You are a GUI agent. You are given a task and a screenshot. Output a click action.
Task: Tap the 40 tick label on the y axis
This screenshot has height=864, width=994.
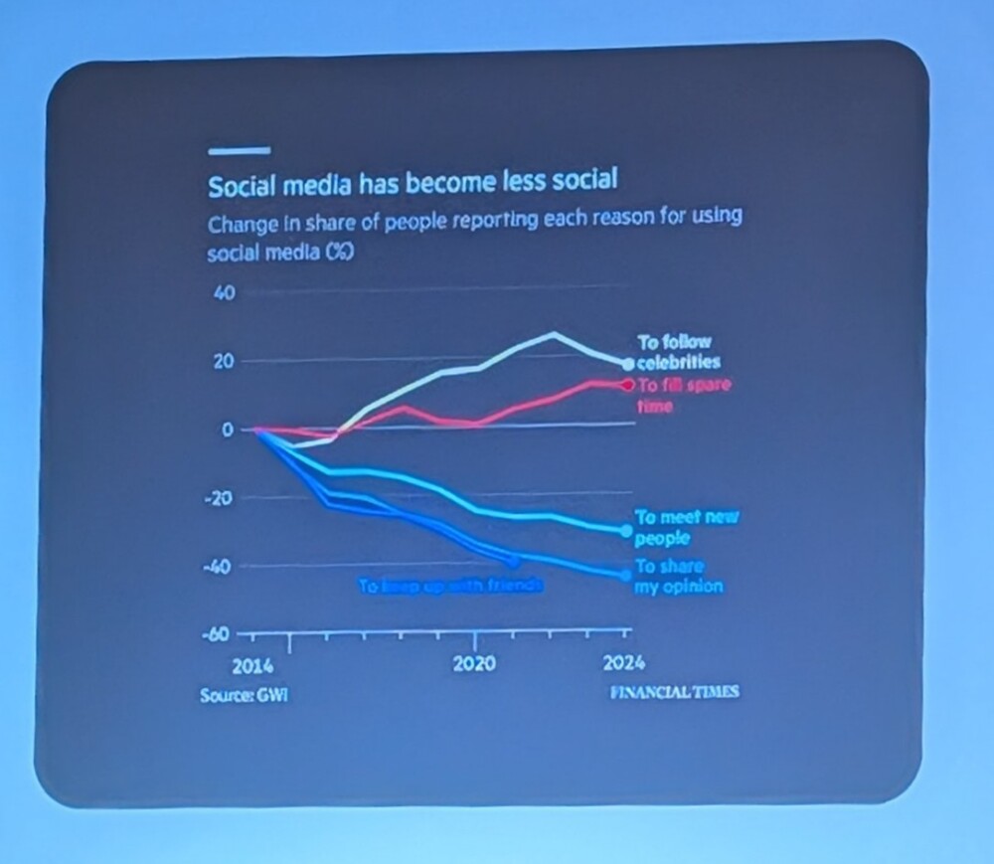tap(222, 294)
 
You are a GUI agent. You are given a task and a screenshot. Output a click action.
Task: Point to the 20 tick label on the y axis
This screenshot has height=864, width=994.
tap(222, 361)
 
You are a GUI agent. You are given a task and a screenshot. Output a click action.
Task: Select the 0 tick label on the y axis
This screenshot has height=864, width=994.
tap(227, 430)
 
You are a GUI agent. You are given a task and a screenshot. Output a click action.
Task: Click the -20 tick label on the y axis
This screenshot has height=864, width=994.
tap(218, 498)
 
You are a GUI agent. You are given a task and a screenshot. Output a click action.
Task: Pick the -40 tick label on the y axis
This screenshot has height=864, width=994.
tap(218, 566)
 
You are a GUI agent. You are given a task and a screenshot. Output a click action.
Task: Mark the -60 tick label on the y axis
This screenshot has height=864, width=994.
tap(218, 634)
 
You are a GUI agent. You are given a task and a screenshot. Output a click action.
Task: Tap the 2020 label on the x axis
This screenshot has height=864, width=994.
tap(474, 664)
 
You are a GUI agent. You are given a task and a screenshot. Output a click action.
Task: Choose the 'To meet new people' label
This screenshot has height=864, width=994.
tap(687, 527)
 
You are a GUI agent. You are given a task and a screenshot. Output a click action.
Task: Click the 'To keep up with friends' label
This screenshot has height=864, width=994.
tap(449, 587)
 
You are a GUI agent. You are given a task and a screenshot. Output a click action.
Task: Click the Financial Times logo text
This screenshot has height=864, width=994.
tap(674, 692)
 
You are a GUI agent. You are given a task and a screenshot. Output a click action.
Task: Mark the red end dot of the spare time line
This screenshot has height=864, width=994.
tap(627, 384)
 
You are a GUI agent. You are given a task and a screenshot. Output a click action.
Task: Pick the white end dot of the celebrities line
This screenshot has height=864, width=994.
tap(627, 364)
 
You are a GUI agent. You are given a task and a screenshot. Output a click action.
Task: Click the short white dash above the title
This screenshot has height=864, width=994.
tap(239, 151)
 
